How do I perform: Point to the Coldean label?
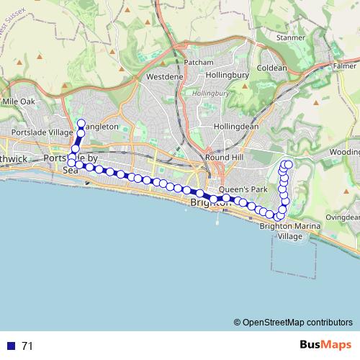pos(271,68)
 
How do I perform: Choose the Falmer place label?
pos(344,66)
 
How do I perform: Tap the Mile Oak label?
pos(19,102)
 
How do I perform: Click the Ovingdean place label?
pos(341,217)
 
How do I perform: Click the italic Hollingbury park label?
pos(211,94)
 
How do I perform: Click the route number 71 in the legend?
pos(27,346)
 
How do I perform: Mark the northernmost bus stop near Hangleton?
pos(81,123)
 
